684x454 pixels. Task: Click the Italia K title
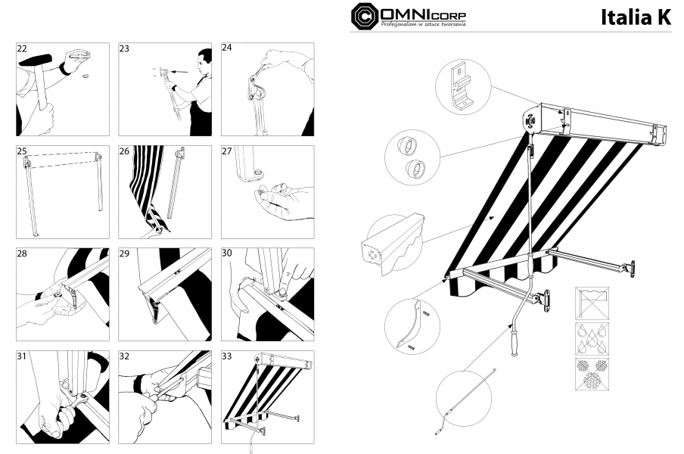(636, 17)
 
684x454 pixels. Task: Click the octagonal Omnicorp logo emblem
(365, 16)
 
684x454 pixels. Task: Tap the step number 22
(22, 48)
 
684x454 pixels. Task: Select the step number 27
(227, 151)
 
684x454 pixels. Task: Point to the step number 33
(227, 356)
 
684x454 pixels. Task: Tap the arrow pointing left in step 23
(180, 72)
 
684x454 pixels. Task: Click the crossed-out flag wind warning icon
(592, 303)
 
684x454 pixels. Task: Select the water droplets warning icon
(592, 338)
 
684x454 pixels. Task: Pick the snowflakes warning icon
(592, 375)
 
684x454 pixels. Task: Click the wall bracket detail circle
(463, 87)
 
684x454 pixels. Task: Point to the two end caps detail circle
(412, 156)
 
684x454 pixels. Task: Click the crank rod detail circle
(464, 399)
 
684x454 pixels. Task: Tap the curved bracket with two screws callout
(412, 327)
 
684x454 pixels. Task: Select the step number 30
(227, 253)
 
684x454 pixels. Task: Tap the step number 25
(22, 151)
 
